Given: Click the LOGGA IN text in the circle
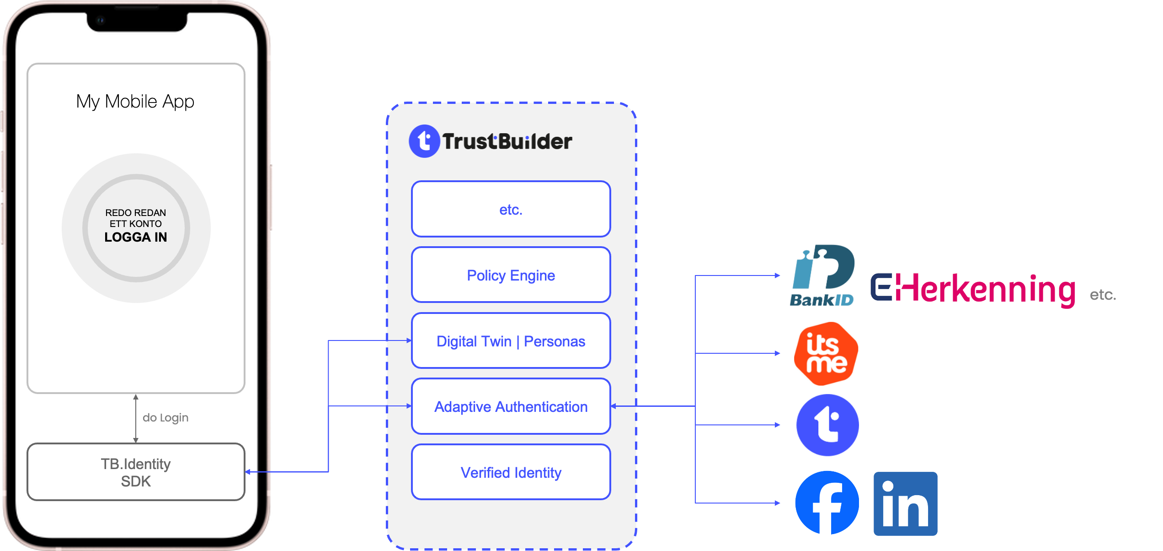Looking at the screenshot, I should coord(136,237).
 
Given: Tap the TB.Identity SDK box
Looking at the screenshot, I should coord(136,472).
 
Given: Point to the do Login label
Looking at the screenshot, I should coord(165,418).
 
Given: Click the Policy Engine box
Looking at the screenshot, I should coord(511,275).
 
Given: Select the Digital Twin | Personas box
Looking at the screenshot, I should coord(511,341).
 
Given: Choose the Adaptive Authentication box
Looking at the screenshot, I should coord(511,406).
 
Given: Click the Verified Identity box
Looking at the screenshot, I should coord(511,472).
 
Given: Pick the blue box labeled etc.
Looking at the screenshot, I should coord(511,209).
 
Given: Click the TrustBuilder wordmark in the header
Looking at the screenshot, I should coord(507,141).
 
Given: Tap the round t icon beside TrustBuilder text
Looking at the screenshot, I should coord(424,141).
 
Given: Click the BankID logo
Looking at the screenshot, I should coord(823,275).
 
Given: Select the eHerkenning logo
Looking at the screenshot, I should coord(972,290).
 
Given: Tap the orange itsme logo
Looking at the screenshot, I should coord(826,353).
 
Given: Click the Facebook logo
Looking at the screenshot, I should coord(827,502).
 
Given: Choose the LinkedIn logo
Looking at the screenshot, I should coord(905,503).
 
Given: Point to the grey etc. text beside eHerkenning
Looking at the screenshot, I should coord(1103,295).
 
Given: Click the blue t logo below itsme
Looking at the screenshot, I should coord(827,426).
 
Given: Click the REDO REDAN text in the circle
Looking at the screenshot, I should coord(136,213).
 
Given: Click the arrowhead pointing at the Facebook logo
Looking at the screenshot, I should coord(777,503).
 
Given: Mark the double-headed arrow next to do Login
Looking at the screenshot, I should coord(136,418).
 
